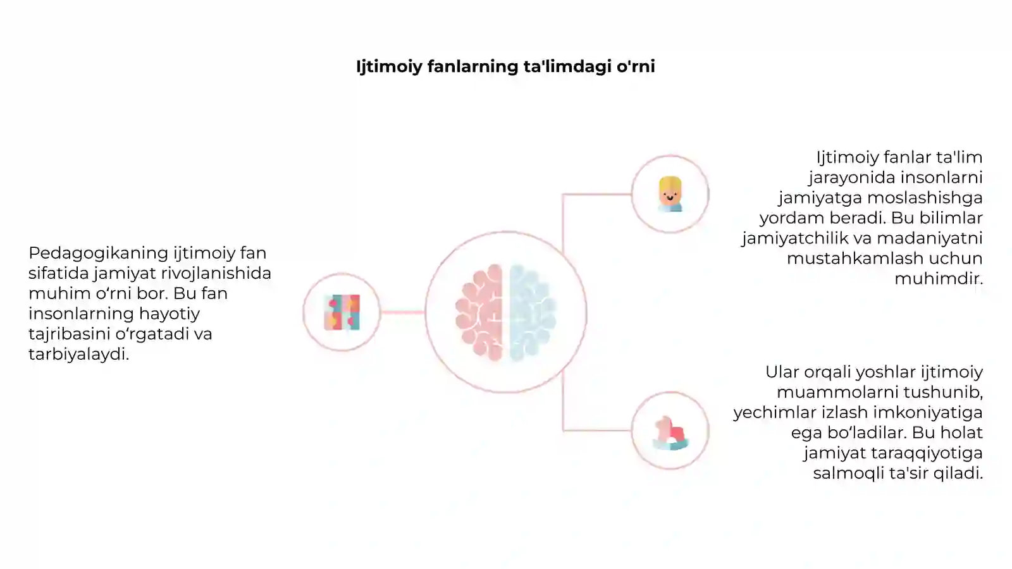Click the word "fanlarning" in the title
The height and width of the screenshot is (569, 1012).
(x=472, y=67)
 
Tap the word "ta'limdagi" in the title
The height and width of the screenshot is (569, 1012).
(x=567, y=67)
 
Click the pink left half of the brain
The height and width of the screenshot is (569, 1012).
(x=479, y=312)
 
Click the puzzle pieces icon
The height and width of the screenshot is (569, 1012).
(x=342, y=312)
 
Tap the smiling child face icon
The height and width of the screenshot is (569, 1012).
(x=670, y=194)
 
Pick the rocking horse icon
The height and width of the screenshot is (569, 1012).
(x=671, y=433)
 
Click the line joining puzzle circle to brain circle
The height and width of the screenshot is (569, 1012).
(x=402, y=312)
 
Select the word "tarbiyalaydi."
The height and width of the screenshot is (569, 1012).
(x=79, y=355)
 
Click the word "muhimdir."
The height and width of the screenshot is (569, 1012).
(x=939, y=279)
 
